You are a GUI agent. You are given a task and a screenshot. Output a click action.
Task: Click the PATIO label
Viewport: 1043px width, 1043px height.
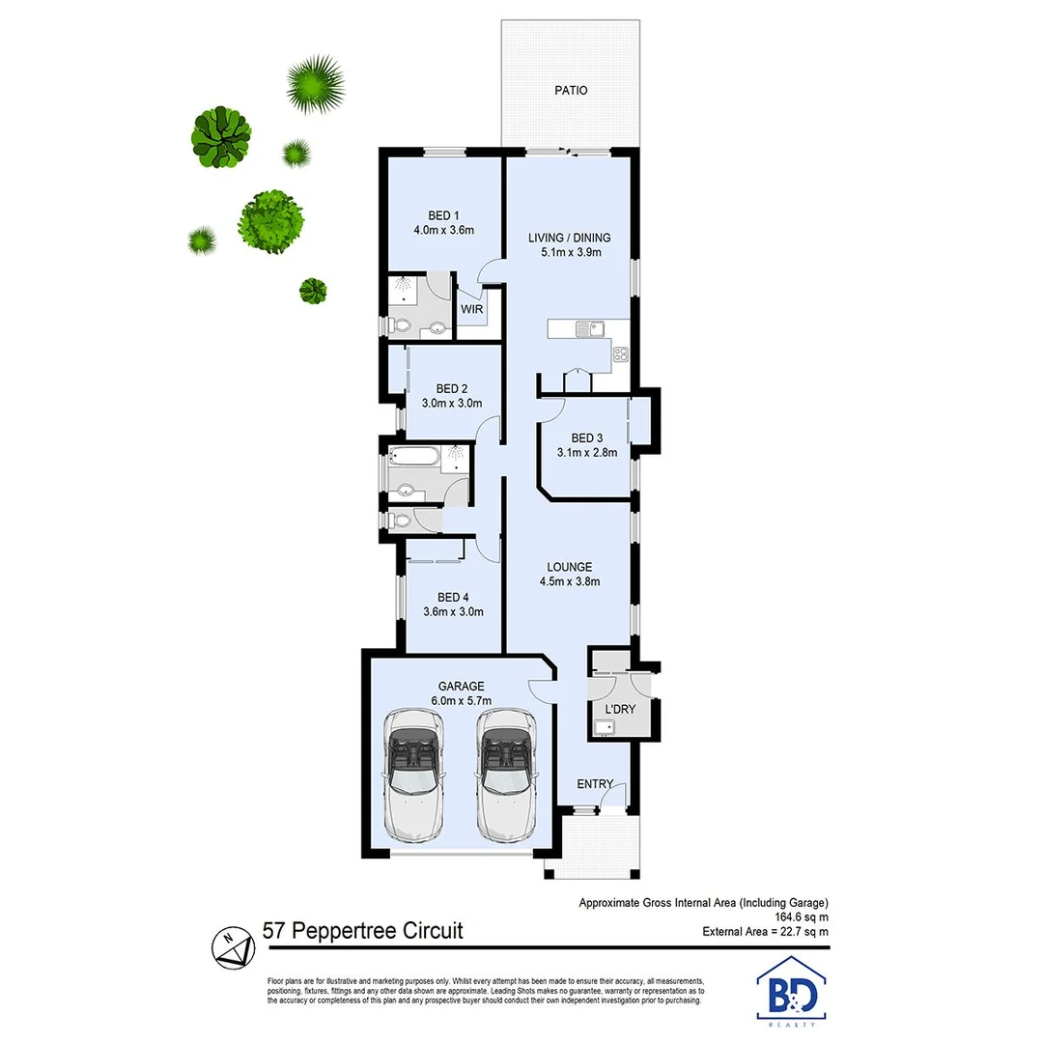coord(571,91)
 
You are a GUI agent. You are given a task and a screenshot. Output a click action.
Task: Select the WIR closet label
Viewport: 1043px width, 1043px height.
coord(472,310)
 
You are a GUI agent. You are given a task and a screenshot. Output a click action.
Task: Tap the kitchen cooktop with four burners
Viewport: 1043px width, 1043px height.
coord(619,354)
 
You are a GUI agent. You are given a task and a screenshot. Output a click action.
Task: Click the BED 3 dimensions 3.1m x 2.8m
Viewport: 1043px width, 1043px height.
coord(587,452)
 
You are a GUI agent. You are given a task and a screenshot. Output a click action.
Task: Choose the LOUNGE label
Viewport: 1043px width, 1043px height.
coord(570,567)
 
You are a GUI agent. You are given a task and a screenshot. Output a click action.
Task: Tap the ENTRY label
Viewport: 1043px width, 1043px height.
coord(595,784)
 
